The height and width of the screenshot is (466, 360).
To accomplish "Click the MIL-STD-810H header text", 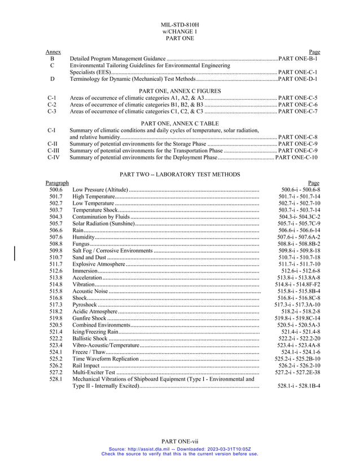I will point(179,25).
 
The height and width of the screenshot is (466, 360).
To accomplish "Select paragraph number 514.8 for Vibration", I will point(56,284).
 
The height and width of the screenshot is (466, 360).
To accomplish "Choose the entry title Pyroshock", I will point(85,305).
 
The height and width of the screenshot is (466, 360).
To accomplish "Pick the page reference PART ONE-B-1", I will point(299,59).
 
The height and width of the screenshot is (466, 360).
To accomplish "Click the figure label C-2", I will point(51,105).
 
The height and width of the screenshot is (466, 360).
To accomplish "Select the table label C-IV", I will point(53,157).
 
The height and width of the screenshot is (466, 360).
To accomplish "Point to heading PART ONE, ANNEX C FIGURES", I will point(179,91).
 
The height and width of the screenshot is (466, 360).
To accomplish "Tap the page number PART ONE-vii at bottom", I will point(179,441).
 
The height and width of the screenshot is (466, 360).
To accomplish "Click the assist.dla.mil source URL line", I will point(179,449).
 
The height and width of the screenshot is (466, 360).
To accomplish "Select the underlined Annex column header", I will point(53,52).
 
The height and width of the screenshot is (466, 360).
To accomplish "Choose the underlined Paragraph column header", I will point(57,183).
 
